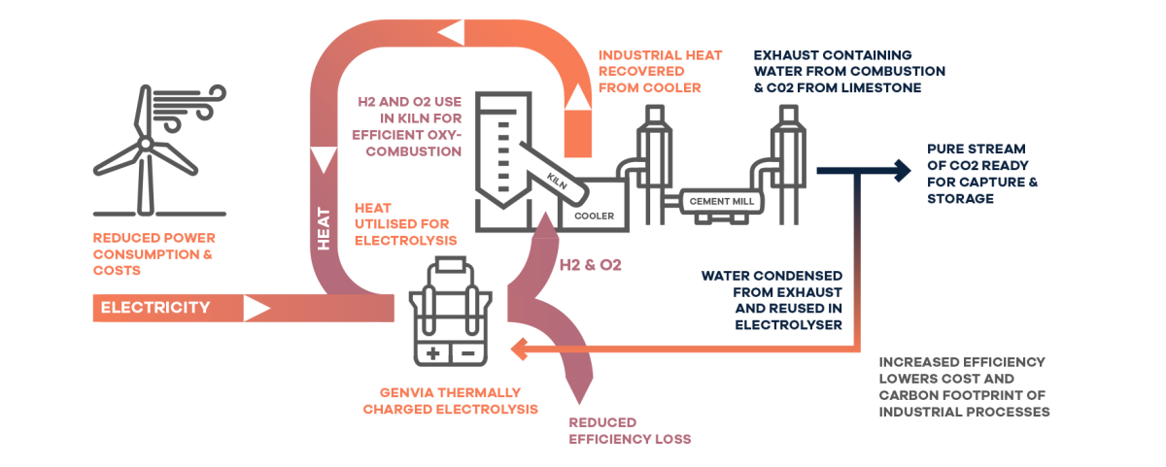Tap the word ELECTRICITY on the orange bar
point(155,309)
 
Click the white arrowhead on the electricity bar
point(256,309)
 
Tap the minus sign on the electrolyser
point(467,352)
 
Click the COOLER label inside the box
point(595,216)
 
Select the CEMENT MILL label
point(722,200)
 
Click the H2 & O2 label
point(590,264)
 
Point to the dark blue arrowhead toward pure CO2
point(903,169)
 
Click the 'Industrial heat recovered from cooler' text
point(660,72)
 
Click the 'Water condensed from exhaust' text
point(772,301)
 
